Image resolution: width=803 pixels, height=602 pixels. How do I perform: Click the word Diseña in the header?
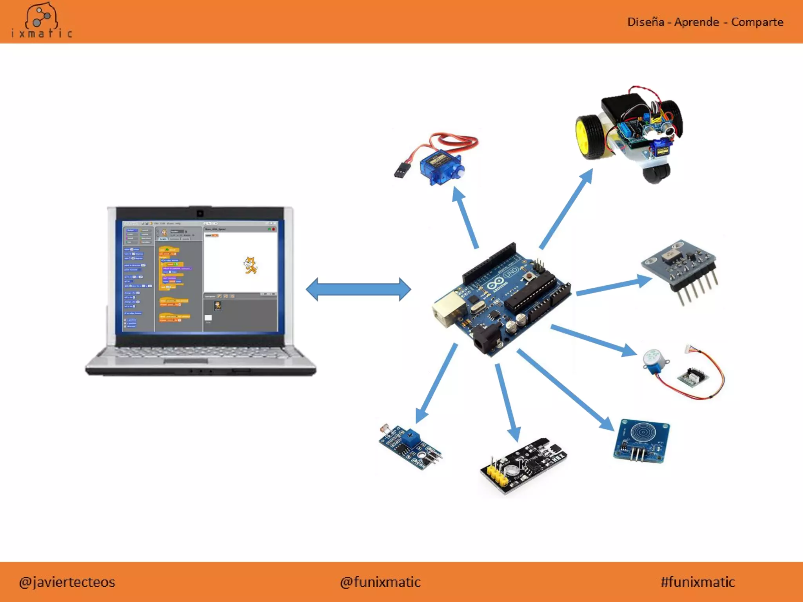coord(645,22)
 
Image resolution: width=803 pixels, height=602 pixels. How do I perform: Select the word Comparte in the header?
coord(757,22)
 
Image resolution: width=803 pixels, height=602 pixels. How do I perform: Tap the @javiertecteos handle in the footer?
coord(67,582)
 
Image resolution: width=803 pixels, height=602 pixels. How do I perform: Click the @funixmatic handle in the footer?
coord(380,582)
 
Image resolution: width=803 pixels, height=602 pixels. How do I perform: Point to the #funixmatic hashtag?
coord(698,582)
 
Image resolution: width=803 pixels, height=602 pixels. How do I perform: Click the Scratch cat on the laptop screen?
coord(250,265)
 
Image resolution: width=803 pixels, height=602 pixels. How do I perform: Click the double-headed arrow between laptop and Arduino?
coord(358,289)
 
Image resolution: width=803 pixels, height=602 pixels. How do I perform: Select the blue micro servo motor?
coord(441,167)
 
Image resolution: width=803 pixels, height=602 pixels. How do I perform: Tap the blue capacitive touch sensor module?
coord(642,441)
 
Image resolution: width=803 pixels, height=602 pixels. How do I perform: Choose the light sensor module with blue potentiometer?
coord(410,447)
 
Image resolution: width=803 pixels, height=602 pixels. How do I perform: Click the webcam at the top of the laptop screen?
coord(200,214)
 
